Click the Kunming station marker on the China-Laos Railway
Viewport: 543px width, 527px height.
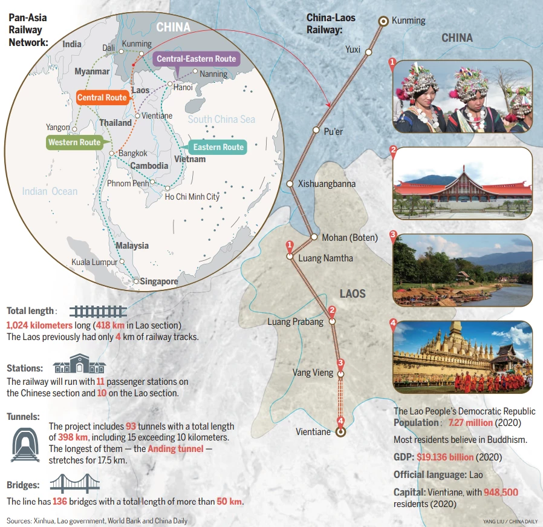coord(383,21)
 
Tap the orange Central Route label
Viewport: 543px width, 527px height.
coord(102,97)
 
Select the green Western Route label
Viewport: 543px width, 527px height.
coord(74,143)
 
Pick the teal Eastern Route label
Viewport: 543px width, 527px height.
coord(218,147)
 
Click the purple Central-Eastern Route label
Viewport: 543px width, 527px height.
coord(196,59)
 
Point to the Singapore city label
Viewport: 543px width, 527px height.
coord(159,281)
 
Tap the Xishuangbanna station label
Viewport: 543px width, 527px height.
coord(327,183)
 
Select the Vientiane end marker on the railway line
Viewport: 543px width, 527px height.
coord(340,432)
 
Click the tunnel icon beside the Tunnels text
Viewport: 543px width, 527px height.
coord(25,445)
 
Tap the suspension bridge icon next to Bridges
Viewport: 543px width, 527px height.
coord(74,485)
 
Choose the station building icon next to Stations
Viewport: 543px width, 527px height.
coord(79,365)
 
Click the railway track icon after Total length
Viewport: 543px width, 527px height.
coord(97,312)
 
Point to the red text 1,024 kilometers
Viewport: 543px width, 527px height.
coord(39,325)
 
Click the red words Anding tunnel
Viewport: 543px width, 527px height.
coord(176,449)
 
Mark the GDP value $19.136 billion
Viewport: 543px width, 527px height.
coord(445,457)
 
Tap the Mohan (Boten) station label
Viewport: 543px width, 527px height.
coord(350,238)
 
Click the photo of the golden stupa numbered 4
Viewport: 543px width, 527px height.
coord(463,357)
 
